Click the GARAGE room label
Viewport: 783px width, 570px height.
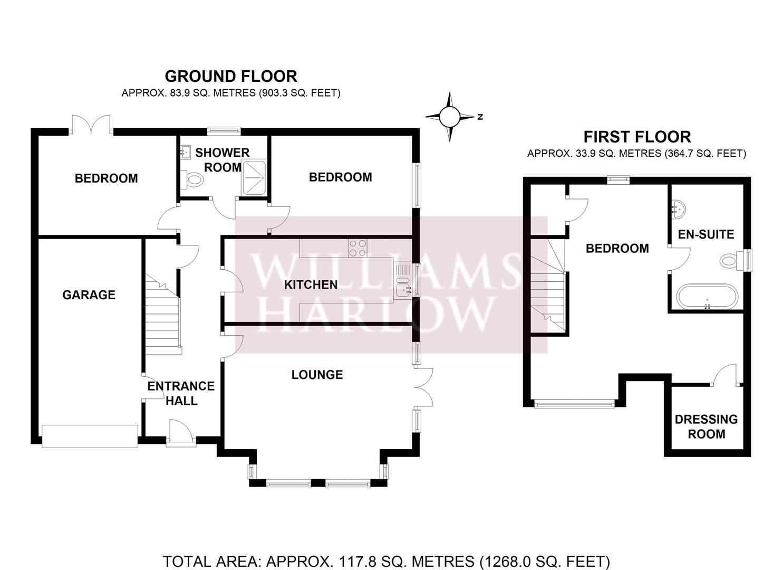[x=89, y=295]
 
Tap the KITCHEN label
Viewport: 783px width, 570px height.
[x=311, y=285]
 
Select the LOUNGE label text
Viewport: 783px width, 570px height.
[x=317, y=375]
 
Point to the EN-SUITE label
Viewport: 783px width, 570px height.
[x=705, y=234]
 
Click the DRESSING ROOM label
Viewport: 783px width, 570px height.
[x=706, y=426]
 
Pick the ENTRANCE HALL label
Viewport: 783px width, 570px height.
[x=181, y=393]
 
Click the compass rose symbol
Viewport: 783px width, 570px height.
[x=450, y=117]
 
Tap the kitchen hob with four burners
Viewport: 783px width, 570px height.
[x=357, y=248]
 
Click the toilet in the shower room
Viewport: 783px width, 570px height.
[x=193, y=179]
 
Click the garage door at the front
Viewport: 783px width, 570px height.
[x=90, y=436]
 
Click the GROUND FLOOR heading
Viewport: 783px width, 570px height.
[x=231, y=76]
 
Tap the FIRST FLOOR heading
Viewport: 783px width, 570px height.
[x=636, y=137]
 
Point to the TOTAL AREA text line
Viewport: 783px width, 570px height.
[x=386, y=561]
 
